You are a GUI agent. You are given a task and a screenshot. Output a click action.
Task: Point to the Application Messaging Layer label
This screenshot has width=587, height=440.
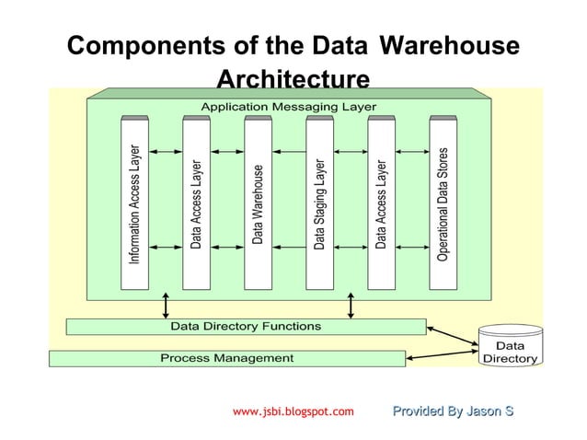pos(288,107)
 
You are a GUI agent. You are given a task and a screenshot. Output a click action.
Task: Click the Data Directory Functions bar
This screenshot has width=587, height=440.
pos(246,326)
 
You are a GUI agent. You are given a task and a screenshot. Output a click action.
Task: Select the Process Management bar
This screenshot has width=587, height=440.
pos(226,357)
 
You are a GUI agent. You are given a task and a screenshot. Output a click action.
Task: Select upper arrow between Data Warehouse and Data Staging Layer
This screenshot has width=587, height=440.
pos(289,150)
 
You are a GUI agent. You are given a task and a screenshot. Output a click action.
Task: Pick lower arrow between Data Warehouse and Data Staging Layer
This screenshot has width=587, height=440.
pos(289,247)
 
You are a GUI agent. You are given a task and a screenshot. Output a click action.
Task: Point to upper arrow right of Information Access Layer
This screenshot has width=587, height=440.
pos(166,150)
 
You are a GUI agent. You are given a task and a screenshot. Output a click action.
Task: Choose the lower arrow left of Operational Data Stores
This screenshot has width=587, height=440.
pos(412,247)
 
